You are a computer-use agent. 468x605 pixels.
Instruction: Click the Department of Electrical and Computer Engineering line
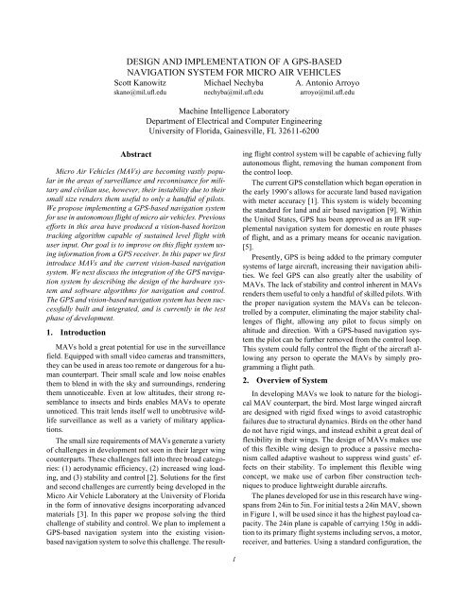click(x=234, y=122)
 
